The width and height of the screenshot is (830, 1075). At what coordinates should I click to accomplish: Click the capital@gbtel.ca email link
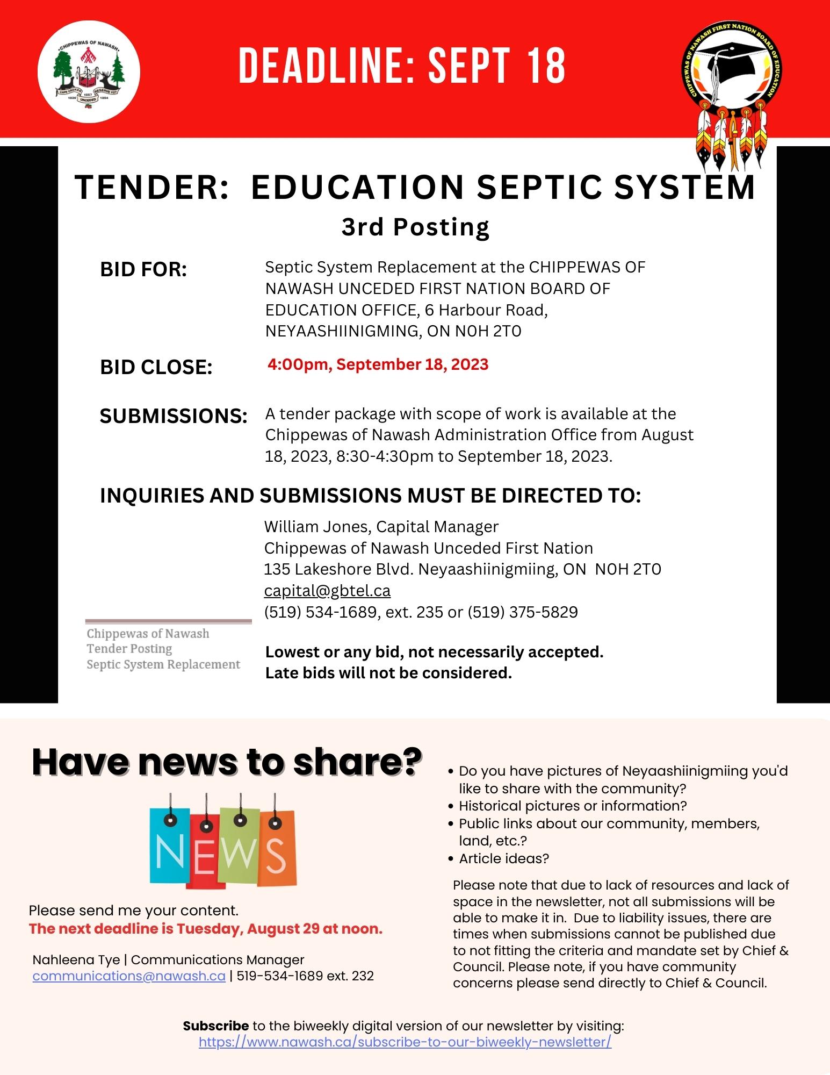(327, 591)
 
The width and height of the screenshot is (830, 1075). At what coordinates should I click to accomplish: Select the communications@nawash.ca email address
(129, 976)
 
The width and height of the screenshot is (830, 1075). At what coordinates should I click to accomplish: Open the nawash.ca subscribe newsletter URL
(405, 1042)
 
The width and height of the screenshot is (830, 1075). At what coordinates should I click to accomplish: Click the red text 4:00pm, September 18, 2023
(378, 364)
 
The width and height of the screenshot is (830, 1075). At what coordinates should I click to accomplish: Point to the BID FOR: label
(143, 270)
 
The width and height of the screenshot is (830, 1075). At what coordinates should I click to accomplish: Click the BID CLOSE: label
(156, 368)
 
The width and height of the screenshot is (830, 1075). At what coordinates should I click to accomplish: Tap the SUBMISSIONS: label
(174, 416)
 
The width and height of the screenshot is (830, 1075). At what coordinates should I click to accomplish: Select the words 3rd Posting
(415, 227)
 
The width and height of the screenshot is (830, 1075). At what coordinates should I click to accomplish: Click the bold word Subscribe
(215, 1026)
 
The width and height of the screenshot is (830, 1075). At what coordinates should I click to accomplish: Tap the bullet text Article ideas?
(503, 858)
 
